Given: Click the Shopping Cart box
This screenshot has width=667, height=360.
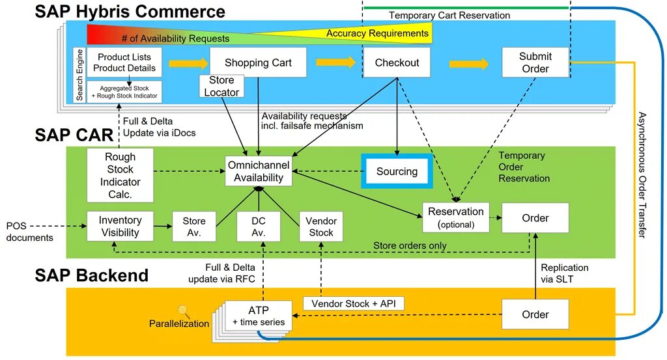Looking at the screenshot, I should tap(258, 63).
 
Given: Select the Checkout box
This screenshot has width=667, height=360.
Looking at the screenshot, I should tap(397, 63).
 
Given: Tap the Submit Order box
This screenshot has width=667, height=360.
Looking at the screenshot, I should tap(535, 63).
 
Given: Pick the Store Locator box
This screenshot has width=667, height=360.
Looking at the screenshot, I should tap(221, 87).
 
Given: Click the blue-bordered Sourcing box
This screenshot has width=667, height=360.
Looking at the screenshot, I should tap(397, 172).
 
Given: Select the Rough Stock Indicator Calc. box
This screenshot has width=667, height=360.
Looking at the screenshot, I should tap(121, 175).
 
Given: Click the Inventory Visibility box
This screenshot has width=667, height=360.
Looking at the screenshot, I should tap(120, 227).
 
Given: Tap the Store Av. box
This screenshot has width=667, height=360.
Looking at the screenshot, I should tap(193, 227).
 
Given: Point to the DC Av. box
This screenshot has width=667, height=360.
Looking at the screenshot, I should tap(259, 227).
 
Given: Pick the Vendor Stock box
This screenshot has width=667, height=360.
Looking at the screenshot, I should tap(320, 227).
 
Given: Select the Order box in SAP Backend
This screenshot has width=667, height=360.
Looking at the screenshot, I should tap(535, 314).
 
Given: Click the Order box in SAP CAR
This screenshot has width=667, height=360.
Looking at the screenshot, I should tap(535, 218).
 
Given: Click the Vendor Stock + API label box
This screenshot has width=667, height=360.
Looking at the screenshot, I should tap(354, 303).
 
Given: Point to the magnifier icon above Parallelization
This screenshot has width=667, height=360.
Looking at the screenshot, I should tap(183, 312).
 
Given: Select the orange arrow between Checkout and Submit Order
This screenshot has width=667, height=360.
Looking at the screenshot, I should tap(468, 64).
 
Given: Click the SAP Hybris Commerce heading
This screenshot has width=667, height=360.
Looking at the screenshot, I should tap(130, 11).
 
